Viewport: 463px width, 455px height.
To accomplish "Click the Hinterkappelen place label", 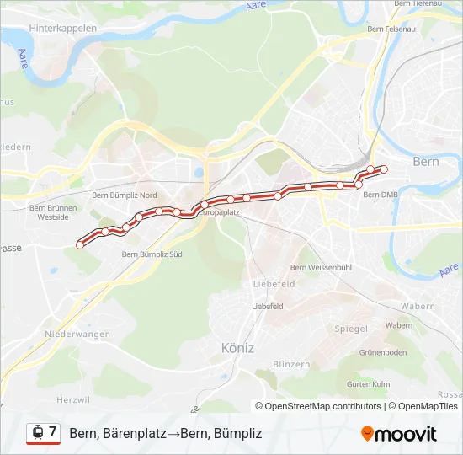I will pyautogui.click(x=63, y=28).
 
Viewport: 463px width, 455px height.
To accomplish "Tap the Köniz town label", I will pyautogui.click(x=237, y=347).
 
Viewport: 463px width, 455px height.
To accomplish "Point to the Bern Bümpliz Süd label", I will pyautogui.click(x=152, y=253).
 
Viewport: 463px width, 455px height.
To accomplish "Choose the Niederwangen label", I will pyautogui.click(x=78, y=334).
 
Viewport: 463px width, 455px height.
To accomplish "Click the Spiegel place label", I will pyautogui.click(x=351, y=328).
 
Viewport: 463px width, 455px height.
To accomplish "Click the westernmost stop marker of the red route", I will pyautogui.click(x=80, y=244).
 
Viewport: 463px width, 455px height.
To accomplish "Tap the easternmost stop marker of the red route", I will pyautogui.click(x=384, y=169).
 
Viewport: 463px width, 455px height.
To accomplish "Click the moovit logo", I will pyautogui.click(x=399, y=434).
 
